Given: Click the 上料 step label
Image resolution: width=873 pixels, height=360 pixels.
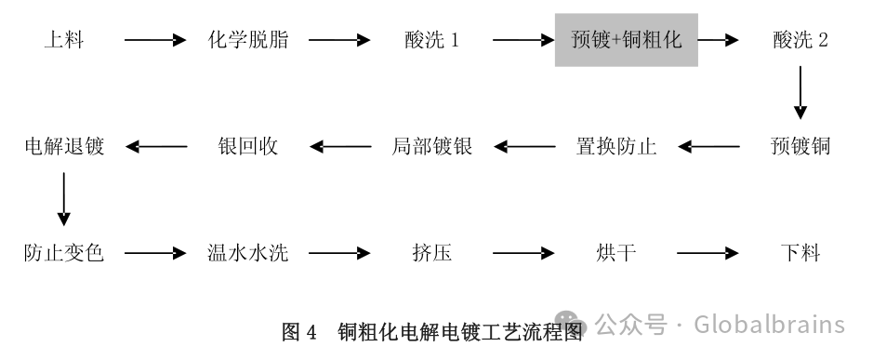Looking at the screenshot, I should pos(63,41).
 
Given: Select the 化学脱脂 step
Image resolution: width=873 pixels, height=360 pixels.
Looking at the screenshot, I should pos(247,41).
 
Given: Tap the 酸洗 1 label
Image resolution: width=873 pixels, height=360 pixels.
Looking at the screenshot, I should pos(431,41).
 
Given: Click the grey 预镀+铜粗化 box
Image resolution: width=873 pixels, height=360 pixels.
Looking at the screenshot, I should pos(626,40).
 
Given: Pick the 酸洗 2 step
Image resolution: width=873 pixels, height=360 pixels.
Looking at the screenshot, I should pos(800,41).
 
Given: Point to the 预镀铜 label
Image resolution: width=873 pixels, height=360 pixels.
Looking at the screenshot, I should pos(800,146).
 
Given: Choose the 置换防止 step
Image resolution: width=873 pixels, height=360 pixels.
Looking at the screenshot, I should pos(616,146).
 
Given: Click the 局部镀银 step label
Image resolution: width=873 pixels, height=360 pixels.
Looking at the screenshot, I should pos(431,146).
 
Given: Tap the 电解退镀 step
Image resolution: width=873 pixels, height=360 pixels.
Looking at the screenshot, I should pos(63,146).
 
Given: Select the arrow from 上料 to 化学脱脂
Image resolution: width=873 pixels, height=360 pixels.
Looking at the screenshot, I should pos(154,41).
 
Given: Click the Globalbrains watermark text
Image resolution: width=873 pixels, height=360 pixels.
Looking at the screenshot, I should pos(720,325).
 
